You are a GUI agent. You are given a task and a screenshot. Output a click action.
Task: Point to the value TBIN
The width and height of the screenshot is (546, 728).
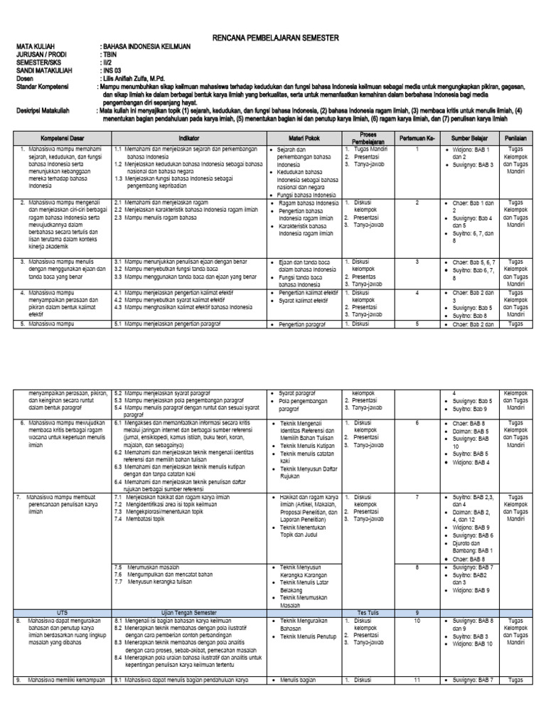pyautogui.click(x=111, y=61)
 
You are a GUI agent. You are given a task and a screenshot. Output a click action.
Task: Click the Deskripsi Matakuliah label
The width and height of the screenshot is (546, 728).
pyautogui.click(x=46, y=112)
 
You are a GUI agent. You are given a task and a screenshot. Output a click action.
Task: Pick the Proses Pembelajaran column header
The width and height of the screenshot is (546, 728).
pyautogui.click(x=368, y=136)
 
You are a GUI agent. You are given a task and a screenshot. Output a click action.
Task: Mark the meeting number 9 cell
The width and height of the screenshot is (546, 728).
pyautogui.click(x=417, y=612)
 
